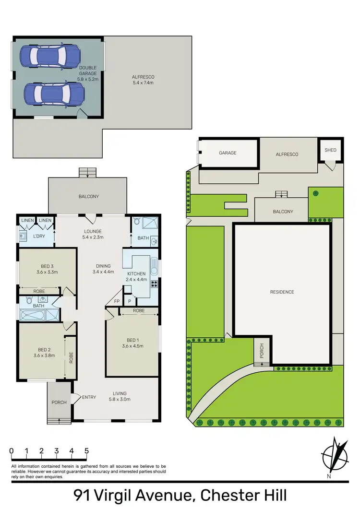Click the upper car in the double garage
[50, 56]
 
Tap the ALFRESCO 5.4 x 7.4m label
[143, 80]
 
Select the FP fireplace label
[116, 301]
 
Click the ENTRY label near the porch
[89, 397]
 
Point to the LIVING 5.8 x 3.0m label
[120, 395]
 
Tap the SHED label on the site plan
[331, 150]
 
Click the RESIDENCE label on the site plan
[282, 292]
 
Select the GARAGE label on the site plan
[228, 153]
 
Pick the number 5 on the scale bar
[87, 451]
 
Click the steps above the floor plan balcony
[87, 172]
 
